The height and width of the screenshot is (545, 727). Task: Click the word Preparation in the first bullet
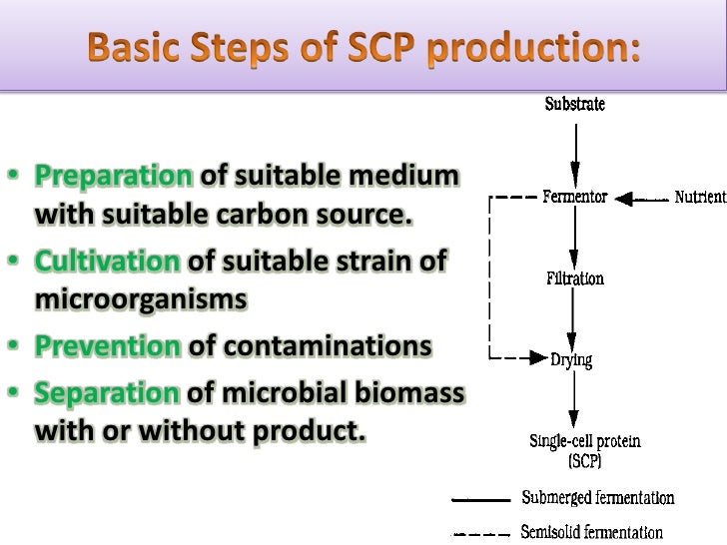[114, 179]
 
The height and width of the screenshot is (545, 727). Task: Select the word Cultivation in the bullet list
[108, 262]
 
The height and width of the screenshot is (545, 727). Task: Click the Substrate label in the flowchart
[573, 103]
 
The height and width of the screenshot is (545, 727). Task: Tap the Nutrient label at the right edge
[700, 198]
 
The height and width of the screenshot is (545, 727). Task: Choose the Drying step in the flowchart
[573, 358]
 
